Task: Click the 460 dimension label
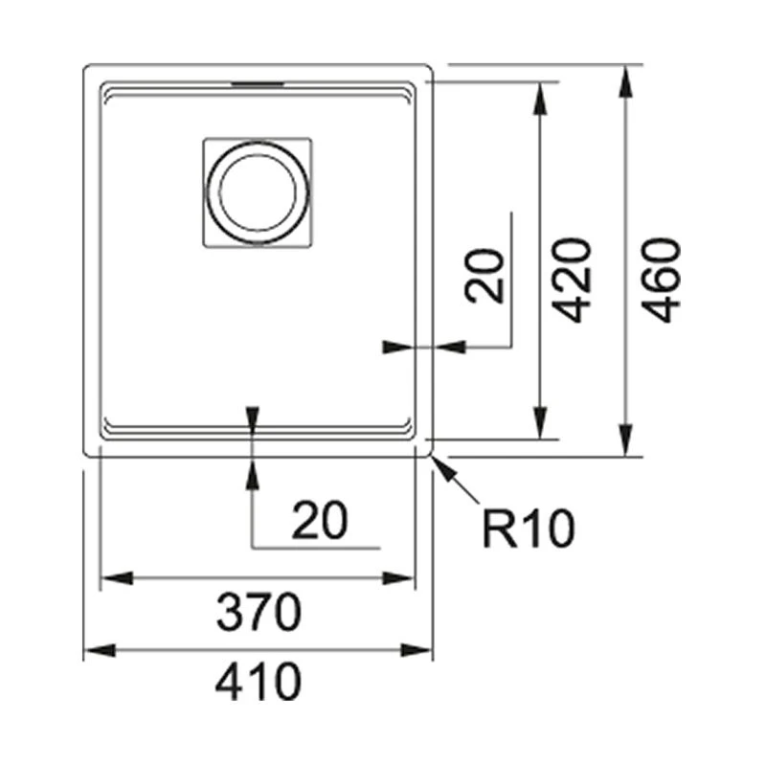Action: pyautogui.click(x=661, y=280)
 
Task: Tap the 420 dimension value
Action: pyautogui.click(x=572, y=280)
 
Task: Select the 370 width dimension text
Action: pyautogui.click(x=259, y=612)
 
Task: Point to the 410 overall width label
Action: pyautogui.click(x=259, y=681)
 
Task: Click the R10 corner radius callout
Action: pyautogui.click(x=529, y=529)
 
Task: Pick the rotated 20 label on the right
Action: pyautogui.click(x=484, y=276)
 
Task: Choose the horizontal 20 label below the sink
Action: pyautogui.click(x=320, y=520)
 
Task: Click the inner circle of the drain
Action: pyautogui.click(x=258, y=192)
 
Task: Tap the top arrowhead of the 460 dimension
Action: pyautogui.click(x=625, y=81)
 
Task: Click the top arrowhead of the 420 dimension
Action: pyautogui.click(x=539, y=99)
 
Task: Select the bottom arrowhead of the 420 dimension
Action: pyautogui.click(x=539, y=422)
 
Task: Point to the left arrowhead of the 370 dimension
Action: pyautogui.click(x=117, y=578)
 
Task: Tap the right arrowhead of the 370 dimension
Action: pyautogui.click(x=398, y=578)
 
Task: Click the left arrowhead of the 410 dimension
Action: pyautogui.click(x=101, y=650)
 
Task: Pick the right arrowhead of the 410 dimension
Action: pyautogui.click(x=416, y=650)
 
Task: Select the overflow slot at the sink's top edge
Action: pyautogui.click(x=258, y=84)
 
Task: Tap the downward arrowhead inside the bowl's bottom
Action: pyautogui.click(x=252, y=417)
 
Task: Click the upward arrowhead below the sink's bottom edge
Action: pyautogui.click(x=252, y=473)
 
